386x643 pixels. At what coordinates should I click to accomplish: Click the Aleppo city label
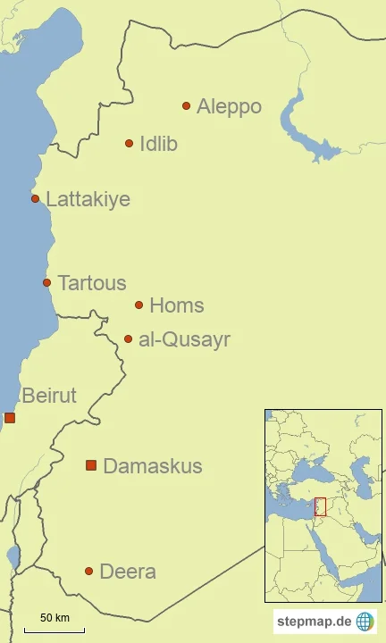(x=229, y=107)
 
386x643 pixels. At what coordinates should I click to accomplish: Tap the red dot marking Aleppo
(x=186, y=105)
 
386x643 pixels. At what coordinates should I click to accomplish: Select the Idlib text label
(x=158, y=144)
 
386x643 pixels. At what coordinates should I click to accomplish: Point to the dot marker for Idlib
(x=129, y=143)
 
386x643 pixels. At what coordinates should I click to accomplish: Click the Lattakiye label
(x=88, y=199)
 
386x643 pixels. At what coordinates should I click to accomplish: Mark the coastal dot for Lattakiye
(x=35, y=198)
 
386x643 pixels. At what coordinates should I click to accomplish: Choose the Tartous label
(x=91, y=283)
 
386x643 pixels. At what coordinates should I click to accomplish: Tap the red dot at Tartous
(x=46, y=282)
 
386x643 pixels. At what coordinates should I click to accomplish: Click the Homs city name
(x=176, y=305)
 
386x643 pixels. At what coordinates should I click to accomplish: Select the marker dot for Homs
(x=138, y=305)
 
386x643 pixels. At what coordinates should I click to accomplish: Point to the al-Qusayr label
(x=184, y=340)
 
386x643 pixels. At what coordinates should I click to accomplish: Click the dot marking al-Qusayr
(x=128, y=338)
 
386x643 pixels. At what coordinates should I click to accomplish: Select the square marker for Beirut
(x=10, y=417)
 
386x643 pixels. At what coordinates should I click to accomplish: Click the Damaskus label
(x=152, y=466)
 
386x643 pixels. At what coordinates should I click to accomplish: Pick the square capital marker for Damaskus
(x=90, y=465)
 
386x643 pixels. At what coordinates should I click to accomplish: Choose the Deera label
(x=127, y=572)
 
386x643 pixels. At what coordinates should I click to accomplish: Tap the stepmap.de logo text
(x=313, y=622)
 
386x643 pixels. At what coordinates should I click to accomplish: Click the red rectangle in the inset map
(x=320, y=506)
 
